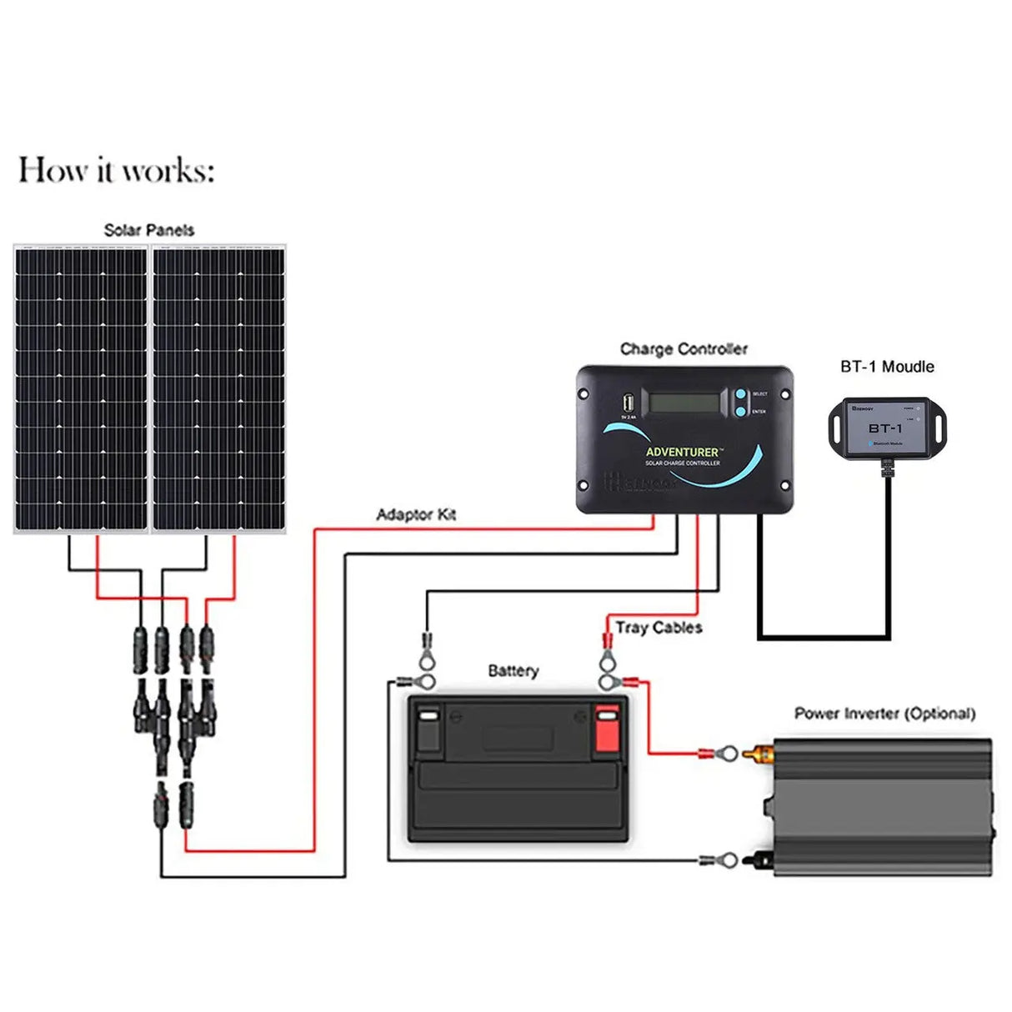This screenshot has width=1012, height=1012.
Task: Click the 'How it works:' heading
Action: click(x=116, y=170)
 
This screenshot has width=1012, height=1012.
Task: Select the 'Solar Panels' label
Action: click(x=148, y=230)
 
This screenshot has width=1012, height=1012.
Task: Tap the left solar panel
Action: click(x=81, y=388)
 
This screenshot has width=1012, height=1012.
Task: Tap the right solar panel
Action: click(x=218, y=388)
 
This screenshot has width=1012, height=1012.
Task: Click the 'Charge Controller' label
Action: click(x=684, y=349)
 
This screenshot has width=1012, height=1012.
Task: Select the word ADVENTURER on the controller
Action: click(x=682, y=452)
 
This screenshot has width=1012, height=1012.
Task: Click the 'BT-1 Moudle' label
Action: click(x=887, y=367)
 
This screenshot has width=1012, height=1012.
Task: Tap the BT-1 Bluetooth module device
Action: click(x=886, y=428)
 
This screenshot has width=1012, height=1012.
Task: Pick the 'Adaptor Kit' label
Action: click(x=416, y=514)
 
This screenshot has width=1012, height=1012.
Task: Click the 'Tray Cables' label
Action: click(x=659, y=628)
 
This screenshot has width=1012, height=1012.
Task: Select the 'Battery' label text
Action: click(x=513, y=671)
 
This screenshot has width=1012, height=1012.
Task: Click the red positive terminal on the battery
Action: click(x=607, y=727)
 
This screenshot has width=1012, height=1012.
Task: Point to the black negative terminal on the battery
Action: click(x=428, y=727)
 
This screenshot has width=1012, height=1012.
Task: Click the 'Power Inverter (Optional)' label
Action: click(x=884, y=714)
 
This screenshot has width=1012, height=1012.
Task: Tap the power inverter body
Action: click(x=884, y=806)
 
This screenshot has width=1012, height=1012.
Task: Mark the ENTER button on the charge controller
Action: click(x=740, y=410)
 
